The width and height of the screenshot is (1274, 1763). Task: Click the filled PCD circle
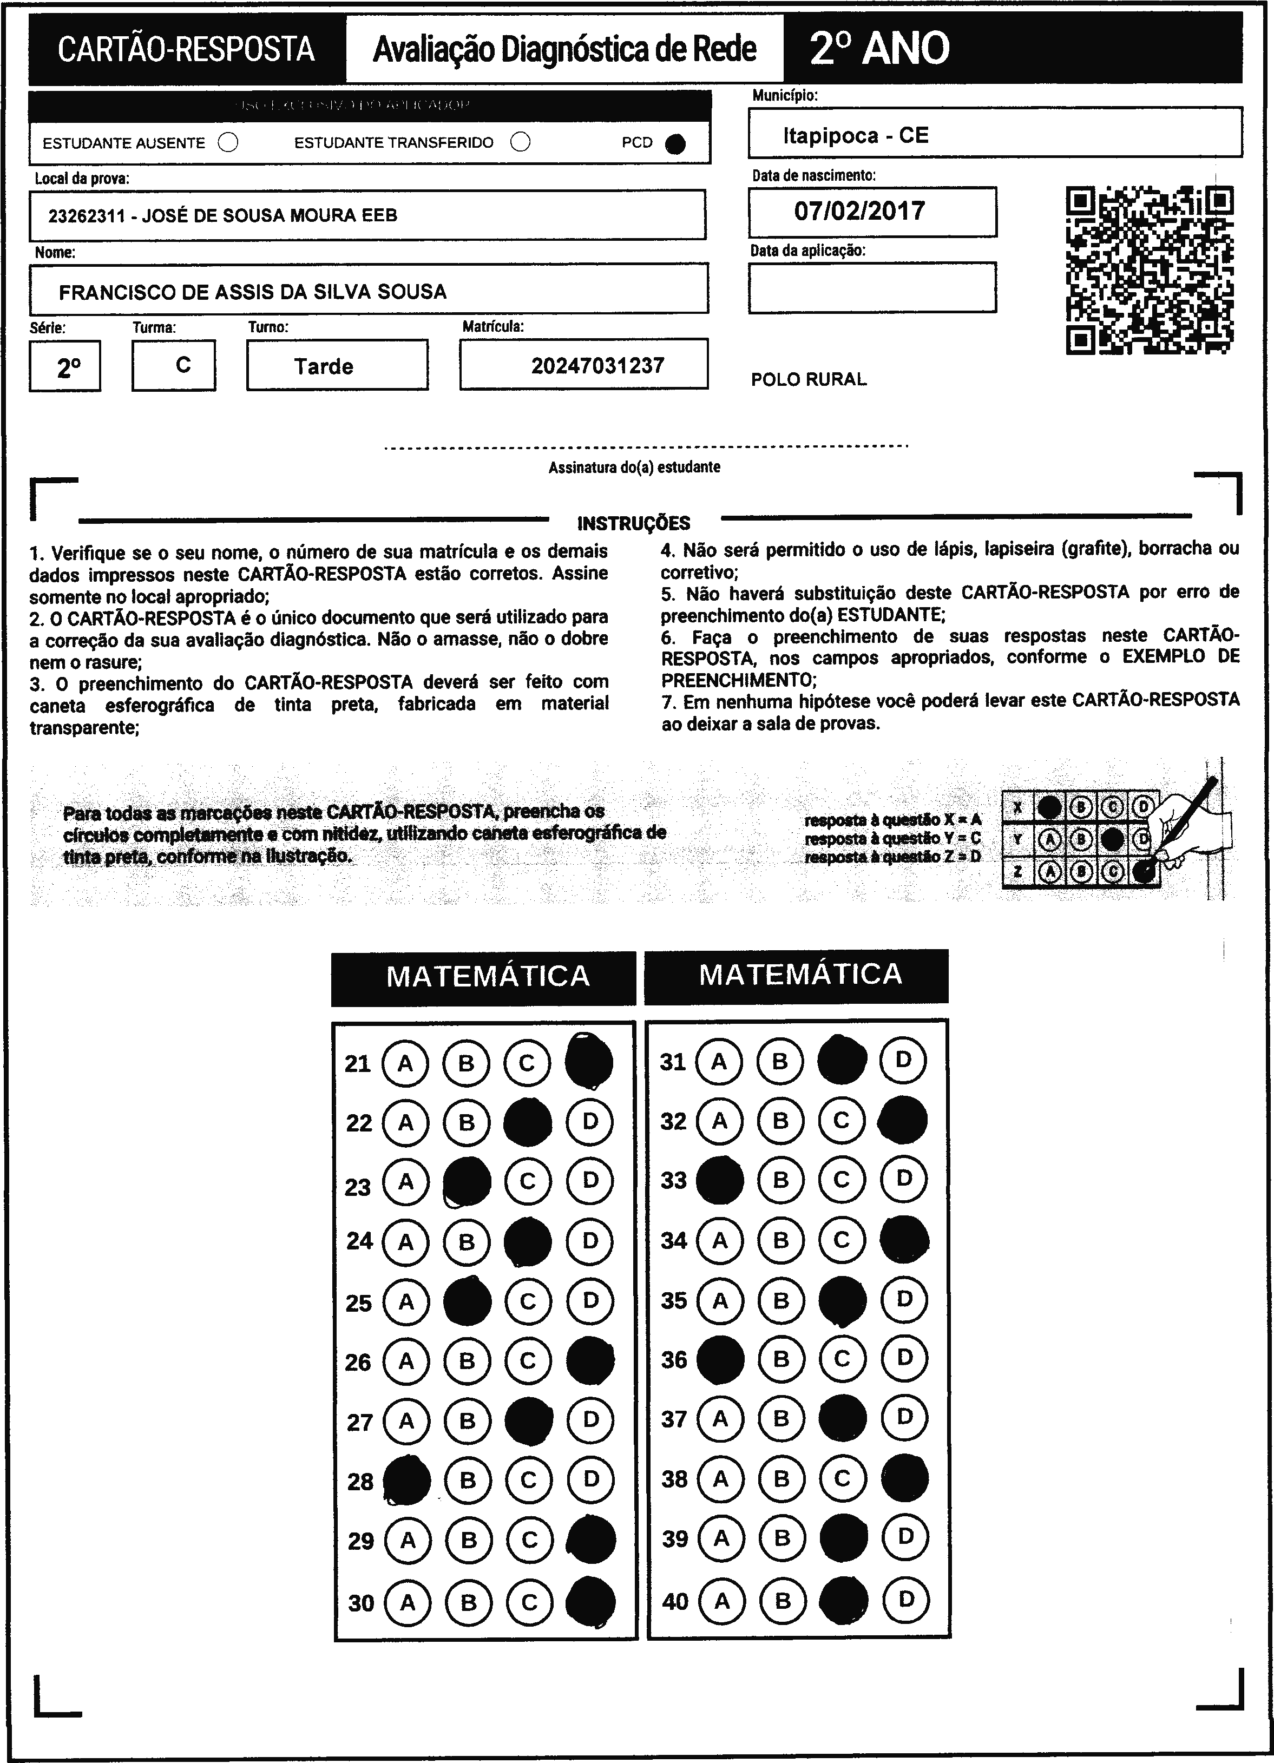pyautogui.click(x=675, y=144)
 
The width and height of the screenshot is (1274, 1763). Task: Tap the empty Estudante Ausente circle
pyautogui.click(x=228, y=143)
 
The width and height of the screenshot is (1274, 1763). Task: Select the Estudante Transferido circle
pyautogui.click(x=521, y=142)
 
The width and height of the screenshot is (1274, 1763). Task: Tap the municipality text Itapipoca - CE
pyautogui.click(x=855, y=136)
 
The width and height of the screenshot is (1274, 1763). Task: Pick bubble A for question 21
pyautogui.click(x=405, y=1063)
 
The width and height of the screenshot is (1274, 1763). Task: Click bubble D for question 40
pyautogui.click(x=905, y=1599)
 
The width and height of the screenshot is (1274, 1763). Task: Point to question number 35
pyautogui.click(x=674, y=1300)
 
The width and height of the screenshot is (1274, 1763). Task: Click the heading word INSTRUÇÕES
pyautogui.click(x=634, y=523)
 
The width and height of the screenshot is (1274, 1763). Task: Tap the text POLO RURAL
pyautogui.click(x=809, y=379)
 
